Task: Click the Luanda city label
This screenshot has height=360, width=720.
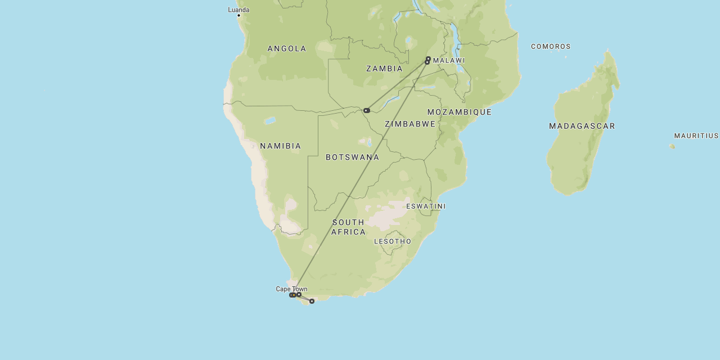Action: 238,10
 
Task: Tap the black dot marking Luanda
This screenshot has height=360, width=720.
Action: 238,15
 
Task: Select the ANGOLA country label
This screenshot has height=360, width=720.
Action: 287,49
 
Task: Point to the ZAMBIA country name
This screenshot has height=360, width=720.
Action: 384,69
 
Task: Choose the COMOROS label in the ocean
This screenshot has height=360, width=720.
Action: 551,47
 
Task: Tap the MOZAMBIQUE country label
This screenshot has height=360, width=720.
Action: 460,112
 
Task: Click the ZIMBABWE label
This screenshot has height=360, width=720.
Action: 410,124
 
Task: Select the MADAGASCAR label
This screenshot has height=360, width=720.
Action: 582,126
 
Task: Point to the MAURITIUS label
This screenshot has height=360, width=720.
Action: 696,136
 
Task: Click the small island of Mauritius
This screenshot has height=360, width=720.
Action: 672,146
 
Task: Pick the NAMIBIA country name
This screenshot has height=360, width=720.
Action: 280,146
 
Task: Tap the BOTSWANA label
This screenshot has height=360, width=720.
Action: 352,157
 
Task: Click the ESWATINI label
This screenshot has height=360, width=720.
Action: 426,206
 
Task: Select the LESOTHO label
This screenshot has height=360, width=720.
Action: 393,241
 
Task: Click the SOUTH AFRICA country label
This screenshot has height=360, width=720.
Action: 348,227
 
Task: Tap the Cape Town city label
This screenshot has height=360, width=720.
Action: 291,289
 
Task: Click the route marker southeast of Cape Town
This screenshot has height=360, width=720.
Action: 312,301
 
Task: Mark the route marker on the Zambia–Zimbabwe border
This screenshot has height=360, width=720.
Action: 366,110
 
